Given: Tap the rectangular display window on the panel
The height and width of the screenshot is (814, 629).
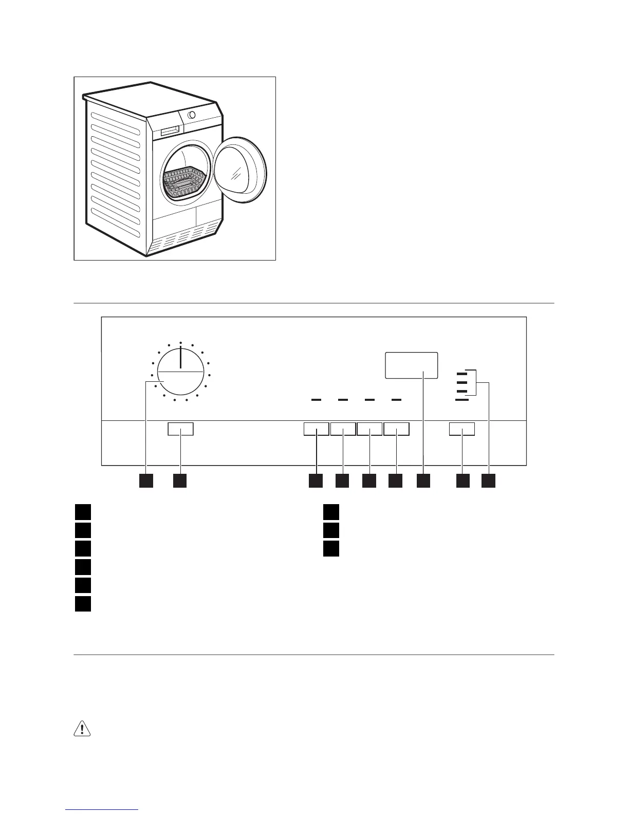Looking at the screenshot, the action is pos(412,365).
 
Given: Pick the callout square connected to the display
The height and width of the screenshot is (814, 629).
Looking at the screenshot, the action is pos(423,480).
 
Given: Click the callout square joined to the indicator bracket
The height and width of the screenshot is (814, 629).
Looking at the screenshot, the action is pos(488,480).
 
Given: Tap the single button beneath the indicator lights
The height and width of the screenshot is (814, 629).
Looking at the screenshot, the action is pos(462,429).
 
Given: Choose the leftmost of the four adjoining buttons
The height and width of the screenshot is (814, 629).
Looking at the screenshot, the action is pos(316,429).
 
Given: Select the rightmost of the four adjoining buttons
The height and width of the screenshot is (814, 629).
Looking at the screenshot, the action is pos(396,429).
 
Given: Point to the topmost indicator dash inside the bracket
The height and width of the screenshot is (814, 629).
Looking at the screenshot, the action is pos(461,374).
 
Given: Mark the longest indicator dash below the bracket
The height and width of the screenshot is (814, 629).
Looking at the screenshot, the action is pos(462,399).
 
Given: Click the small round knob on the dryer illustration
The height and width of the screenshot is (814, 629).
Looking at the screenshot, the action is pos(191,115).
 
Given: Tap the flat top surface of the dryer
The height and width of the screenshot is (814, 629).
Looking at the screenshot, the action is pos(149,98).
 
